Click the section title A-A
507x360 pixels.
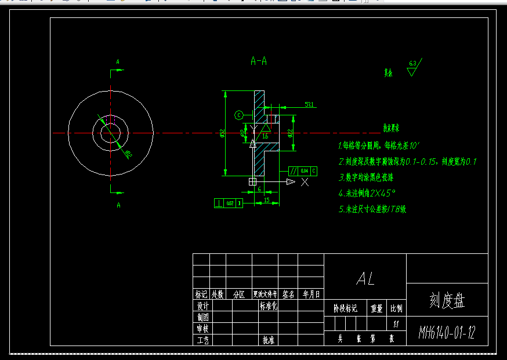[x=259, y=60]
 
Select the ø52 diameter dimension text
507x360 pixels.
[x=223, y=133]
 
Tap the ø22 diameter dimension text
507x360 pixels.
[x=289, y=134]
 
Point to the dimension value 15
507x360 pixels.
[x=266, y=200]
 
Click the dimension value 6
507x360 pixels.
[x=259, y=190]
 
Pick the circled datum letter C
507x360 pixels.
[x=238, y=115]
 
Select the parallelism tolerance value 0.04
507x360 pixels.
[x=304, y=171]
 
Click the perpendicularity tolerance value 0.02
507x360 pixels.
[x=230, y=203]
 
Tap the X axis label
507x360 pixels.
[x=305, y=182]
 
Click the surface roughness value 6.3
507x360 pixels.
[x=413, y=63]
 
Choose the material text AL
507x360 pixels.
[x=365, y=279]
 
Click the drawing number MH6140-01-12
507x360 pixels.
[x=447, y=333]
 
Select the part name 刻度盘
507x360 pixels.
[x=447, y=300]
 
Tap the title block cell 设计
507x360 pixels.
[x=202, y=306]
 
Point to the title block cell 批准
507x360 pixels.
[x=268, y=340]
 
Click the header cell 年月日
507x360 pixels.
[x=311, y=294]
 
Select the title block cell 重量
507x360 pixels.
[x=376, y=308]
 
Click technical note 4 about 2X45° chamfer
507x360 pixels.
[x=367, y=193]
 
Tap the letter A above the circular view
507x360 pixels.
[x=118, y=61]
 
